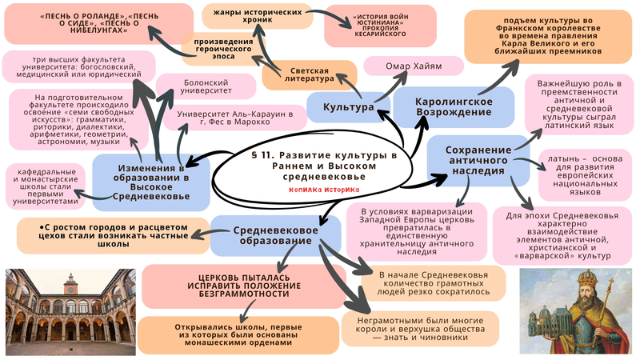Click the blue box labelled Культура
click(x=348, y=106)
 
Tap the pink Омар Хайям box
click(x=414, y=66)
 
